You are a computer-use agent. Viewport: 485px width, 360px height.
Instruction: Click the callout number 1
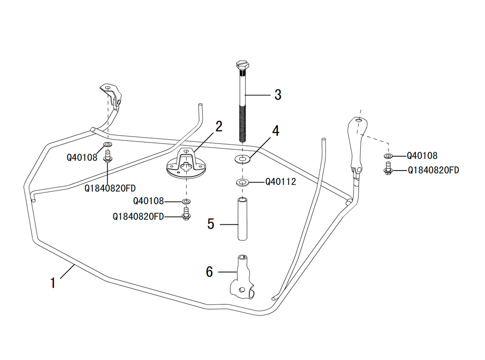coord(53,282)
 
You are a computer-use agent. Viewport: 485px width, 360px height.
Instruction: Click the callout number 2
coord(219,127)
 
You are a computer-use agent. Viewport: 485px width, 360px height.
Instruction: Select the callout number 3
coord(277,94)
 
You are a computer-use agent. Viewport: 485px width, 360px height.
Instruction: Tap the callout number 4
coord(275,130)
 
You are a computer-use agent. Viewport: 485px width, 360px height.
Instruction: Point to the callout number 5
coord(210,224)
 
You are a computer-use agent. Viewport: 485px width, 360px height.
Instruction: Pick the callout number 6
coord(210,272)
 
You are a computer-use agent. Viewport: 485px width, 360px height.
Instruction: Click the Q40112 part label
coord(280,182)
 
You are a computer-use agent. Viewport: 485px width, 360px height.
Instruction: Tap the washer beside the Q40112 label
coord(242,182)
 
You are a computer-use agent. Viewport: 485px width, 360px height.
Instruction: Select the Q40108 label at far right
coord(422,156)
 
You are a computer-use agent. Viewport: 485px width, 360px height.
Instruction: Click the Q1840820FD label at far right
coord(433,170)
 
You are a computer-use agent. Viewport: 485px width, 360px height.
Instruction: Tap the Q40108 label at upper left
coord(82,157)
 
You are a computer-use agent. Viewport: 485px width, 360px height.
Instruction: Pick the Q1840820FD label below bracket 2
coord(138,217)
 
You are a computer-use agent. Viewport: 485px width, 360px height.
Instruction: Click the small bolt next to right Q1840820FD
coord(388,169)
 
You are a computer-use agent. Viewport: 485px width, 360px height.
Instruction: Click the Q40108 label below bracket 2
coord(148,201)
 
